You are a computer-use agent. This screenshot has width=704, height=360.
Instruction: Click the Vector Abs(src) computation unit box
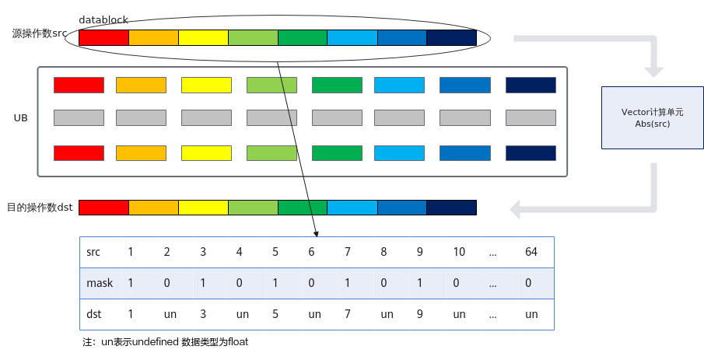(653, 117)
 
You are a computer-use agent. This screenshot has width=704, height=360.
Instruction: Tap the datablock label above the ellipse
(103, 19)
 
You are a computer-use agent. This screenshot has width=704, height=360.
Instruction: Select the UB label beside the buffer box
(21, 117)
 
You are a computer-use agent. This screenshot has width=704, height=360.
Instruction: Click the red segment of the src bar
(103, 37)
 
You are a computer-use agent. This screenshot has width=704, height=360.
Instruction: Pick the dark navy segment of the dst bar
(451, 208)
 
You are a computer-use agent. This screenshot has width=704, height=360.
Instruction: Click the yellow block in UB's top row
(206, 85)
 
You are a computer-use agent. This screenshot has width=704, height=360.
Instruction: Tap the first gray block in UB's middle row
(79, 117)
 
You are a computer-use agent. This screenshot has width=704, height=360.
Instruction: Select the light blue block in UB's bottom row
(399, 153)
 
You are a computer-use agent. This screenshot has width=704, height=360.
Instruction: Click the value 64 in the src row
(531, 252)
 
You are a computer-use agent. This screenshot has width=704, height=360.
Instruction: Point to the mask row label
(100, 283)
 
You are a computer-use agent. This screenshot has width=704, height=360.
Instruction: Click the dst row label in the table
(94, 314)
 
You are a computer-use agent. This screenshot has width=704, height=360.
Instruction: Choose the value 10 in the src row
(459, 252)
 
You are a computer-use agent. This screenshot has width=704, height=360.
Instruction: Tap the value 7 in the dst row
(348, 314)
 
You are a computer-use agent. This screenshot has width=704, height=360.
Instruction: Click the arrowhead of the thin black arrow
(316, 234)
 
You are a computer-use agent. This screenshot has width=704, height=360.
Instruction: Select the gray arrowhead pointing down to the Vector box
(653, 72)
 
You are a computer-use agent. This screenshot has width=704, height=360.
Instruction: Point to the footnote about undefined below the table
(165, 342)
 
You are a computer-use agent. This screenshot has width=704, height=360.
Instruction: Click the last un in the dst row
(531, 314)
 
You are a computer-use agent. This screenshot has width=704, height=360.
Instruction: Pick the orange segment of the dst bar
(153, 208)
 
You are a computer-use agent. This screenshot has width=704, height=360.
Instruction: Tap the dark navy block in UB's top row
(531, 85)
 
